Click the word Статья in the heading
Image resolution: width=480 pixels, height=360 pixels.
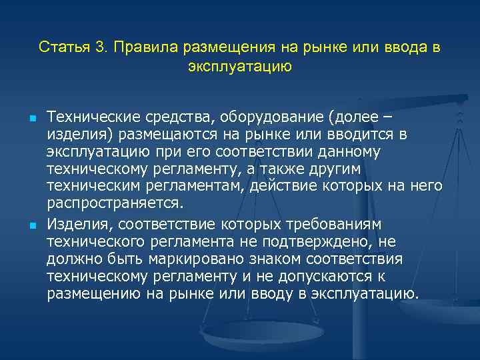[x=61, y=48]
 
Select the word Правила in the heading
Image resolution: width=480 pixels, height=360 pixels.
[x=137, y=48]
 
